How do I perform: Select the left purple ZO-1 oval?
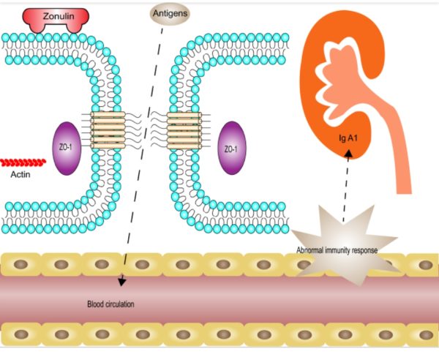click(x=67, y=149)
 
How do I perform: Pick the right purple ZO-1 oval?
click(x=231, y=149)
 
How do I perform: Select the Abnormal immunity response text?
click(x=337, y=250)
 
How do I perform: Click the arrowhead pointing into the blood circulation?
click(x=122, y=280)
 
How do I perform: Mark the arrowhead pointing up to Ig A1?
click(x=348, y=154)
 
